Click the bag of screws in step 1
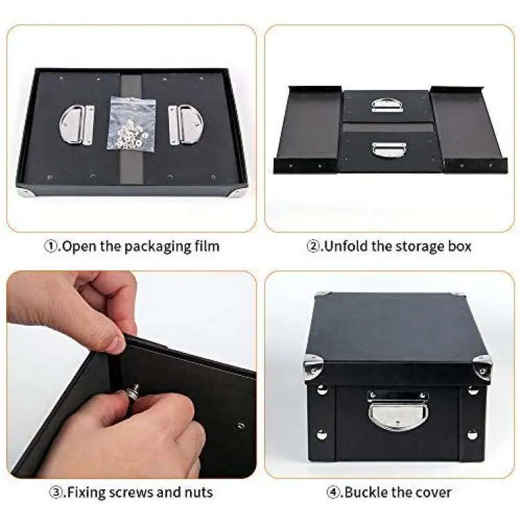[x=131, y=125]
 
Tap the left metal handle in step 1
[x=77, y=125]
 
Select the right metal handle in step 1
[x=185, y=125]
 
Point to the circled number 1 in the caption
[x=51, y=246]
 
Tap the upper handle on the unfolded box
[x=387, y=105]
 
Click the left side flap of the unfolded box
[x=309, y=130]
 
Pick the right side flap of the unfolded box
[x=468, y=130]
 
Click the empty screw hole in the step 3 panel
[x=241, y=426]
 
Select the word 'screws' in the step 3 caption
[x=130, y=493]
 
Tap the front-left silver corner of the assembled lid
[x=312, y=365]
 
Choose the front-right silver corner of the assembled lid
[x=482, y=367]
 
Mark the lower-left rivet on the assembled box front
[x=322, y=434]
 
